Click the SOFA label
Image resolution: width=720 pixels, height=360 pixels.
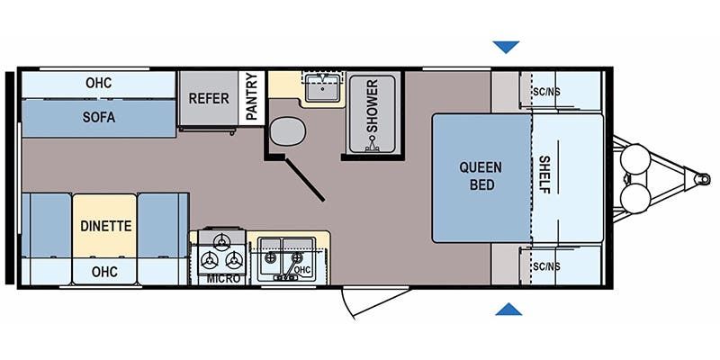coord(99,118)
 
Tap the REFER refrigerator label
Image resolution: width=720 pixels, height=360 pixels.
coord(209,98)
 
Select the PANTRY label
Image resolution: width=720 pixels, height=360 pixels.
coord(252,97)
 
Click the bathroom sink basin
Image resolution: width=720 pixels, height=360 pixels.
coord(323,87)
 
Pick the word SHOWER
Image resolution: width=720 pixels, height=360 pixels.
coord(373,105)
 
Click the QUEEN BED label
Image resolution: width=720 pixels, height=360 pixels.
coord(481,175)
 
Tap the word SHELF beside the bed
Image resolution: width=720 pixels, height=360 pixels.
coord(544,175)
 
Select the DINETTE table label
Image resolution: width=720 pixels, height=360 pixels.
coord(105,226)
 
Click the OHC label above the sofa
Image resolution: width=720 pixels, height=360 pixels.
coord(99,83)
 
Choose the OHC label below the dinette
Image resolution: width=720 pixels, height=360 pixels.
coord(104,272)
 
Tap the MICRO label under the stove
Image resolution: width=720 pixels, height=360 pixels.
coord(223,279)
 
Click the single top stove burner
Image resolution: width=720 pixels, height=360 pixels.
coord(221,240)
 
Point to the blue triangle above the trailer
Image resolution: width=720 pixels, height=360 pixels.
coord(506,47)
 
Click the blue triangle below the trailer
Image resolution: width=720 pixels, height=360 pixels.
coord(508,310)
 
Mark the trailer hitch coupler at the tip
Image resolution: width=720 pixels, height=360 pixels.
coord(702,177)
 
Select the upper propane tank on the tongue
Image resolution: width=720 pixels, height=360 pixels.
coord(635,159)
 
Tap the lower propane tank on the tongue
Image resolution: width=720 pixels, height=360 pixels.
coord(635,198)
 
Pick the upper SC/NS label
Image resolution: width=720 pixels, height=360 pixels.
coord(547,92)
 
